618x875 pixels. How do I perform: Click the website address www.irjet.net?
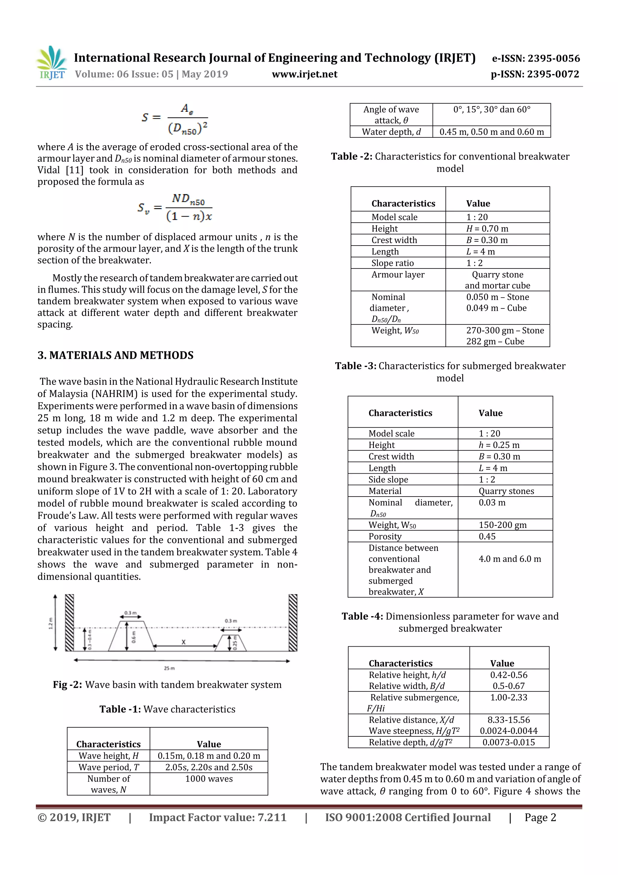304,74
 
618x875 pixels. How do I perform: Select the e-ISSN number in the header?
536,58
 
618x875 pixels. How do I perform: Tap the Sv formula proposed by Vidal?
175,208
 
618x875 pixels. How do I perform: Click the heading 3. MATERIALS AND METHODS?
115,355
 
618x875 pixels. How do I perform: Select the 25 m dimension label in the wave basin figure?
169,668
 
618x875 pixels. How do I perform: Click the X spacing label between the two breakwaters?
183,642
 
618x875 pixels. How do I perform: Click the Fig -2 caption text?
167,685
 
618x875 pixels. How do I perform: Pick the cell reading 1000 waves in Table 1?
209,779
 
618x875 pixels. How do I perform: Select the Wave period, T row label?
109,767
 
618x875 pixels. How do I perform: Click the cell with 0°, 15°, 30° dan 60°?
492,110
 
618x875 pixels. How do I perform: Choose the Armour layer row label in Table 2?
398,275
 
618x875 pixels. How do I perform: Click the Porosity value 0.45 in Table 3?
487,537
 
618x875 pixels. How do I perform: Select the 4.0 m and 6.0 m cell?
509,559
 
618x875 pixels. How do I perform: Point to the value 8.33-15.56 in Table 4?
509,720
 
